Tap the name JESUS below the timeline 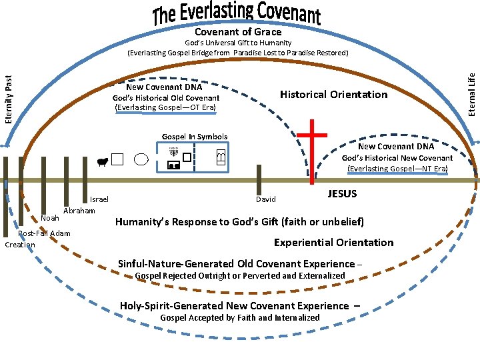[342, 194]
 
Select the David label [265, 199]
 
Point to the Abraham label [79, 211]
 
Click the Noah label [50, 218]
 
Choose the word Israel [99, 199]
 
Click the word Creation [19, 245]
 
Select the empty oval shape [141, 159]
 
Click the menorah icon [174, 153]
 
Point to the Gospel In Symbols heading [194, 137]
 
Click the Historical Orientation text [333, 95]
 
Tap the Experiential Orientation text [334, 243]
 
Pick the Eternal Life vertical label [471, 87]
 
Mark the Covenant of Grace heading [238, 32]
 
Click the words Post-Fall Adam [44, 233]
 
